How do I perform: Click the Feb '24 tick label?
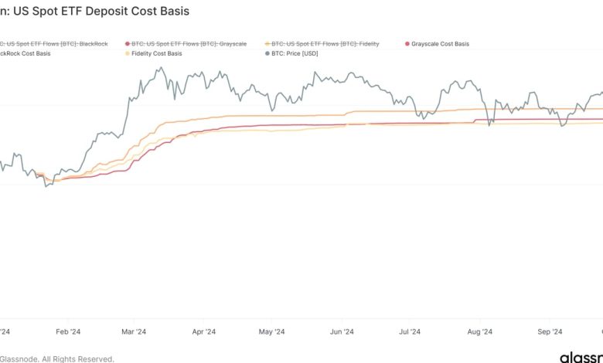click(69, 332)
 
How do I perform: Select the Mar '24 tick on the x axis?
click(134, 332)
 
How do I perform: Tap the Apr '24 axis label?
click(203, 332)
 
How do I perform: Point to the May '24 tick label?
click(271, 332)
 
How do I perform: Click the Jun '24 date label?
click(341, 332)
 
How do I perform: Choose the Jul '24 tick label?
click(409, 332)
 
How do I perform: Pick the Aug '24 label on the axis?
click(480, 332)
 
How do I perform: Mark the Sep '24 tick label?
click(550, 332)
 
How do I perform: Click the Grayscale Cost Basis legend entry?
click(439, 44)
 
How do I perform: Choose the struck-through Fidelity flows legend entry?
click(325, 44)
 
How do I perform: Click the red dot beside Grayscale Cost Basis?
click(407, 44)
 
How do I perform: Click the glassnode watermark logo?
click(581, 358)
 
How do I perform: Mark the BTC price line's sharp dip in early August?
click(489, 124)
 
